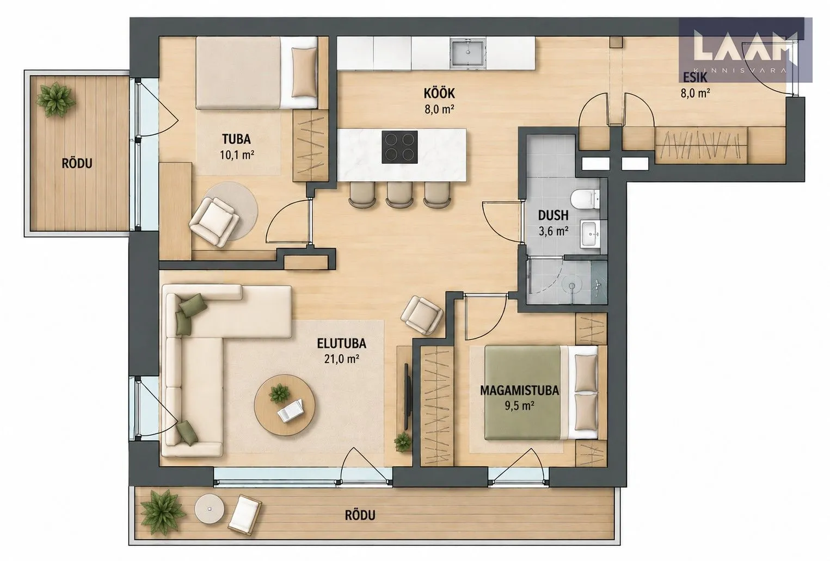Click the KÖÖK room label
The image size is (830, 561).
click(439, 93)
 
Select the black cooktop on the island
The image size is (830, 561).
click(399, 147)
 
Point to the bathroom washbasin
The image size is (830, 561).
click(590, 233)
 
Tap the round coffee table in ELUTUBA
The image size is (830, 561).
click(285, 405)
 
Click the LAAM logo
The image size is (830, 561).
click(745, 50)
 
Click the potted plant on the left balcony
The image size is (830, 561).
click(56, 100)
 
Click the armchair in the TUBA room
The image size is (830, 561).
click(214, 221)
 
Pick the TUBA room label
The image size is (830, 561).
click(236, 139)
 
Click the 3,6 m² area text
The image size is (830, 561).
click(554, 232)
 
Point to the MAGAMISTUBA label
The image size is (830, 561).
click(519, 390)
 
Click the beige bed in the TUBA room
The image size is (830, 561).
click(256, 72)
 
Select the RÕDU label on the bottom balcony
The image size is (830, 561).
click(360, 515)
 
